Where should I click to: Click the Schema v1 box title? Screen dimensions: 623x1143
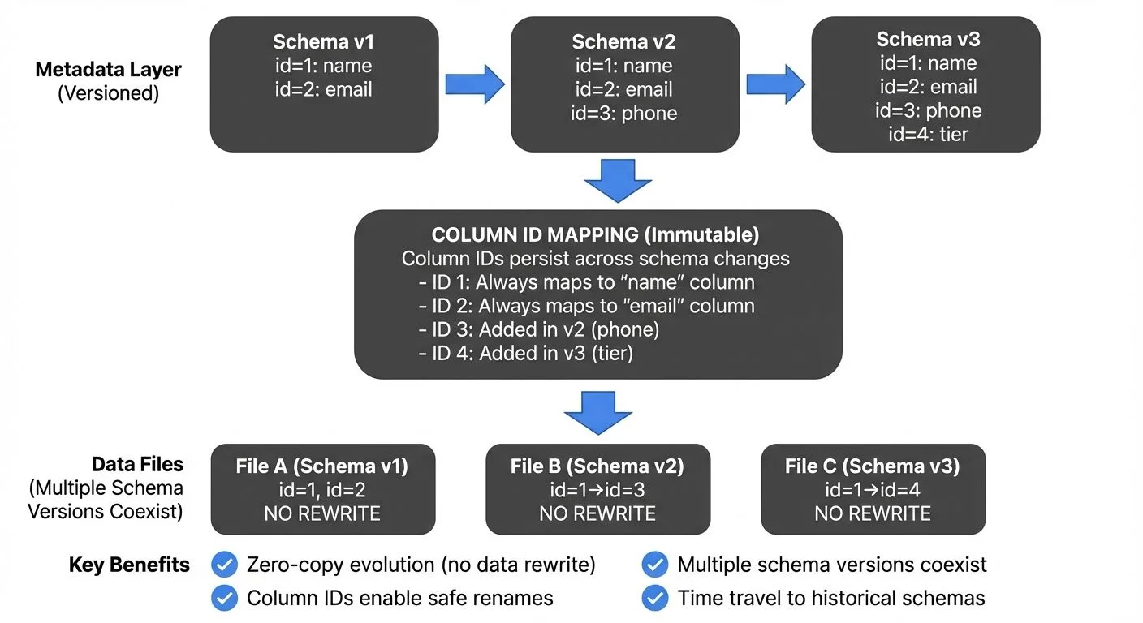[x=323, y=42]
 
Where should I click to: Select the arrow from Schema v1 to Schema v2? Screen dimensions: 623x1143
[x=475, y=84]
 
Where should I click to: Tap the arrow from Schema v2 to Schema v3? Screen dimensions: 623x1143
[x=775, y=84]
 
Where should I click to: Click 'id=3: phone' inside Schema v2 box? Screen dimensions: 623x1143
[x=623, y=114]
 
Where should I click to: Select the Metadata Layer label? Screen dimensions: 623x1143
[x=108, y=70]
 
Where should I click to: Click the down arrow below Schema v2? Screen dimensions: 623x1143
[x=618, y=179]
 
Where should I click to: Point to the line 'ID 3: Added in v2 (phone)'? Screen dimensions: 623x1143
[x=539, y=329]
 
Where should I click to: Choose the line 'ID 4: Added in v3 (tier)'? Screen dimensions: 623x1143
[x=525, y=354]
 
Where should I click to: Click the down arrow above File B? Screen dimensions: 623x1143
[x=598, y=412]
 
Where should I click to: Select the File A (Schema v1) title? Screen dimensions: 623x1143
[x=322, y=466]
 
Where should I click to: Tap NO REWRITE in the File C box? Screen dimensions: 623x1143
[x=873, y=513]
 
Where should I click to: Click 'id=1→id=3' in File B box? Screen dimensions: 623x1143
[x=597, y=490]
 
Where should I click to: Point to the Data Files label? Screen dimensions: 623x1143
[x=137, y=464]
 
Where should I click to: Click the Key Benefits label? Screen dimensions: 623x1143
[x=129, y=565]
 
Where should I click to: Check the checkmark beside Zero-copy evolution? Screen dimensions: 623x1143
[x=224, y=565]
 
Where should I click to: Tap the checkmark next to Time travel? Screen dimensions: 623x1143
[x=654, y=599]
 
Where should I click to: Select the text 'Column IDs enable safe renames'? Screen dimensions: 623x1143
[x=399, y=599]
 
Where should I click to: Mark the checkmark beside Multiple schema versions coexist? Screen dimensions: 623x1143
[x=654, y=565]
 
